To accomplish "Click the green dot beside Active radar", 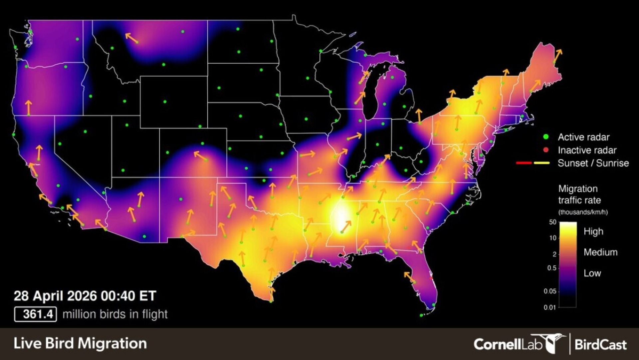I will click(x=546, y=137).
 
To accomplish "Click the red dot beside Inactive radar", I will click(x=546, y=150).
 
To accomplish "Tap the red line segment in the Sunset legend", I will click(x=524, y=163).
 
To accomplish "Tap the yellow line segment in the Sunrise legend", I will click(x=541, y=163).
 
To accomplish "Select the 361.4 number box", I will click(x=36, y=314).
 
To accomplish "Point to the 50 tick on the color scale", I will click(x=553, y=222).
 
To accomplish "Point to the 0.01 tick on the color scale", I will click(x=550, y=307).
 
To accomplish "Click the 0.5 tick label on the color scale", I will click(x=551, y=268).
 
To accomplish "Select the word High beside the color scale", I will click(x=593, y=231).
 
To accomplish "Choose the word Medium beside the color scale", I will click(x=600, y=252).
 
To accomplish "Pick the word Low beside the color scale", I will click(x=592, y=273).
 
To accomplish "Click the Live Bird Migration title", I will click(x=80, y=344).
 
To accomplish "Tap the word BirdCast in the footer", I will click(x=600, y=345).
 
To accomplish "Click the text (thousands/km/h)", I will click(x=583, y=212).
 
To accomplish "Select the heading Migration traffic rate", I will click(x=579, y=194).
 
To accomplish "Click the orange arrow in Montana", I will click(x=131, y=38).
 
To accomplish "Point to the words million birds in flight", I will click(x=115, y=314).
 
